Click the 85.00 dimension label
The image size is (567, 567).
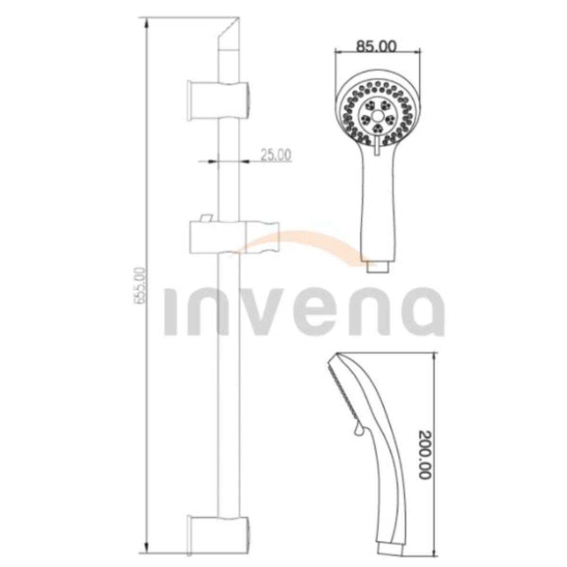click(x=376, y=46)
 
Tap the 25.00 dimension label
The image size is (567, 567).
click(x=276, y=155)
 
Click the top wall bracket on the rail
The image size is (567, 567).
click(x=218, y=100)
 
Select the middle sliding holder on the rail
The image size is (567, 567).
click(x=234, y=238)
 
